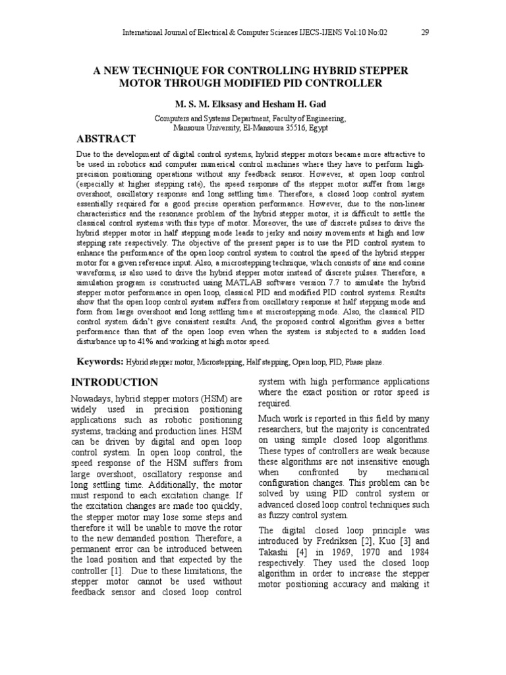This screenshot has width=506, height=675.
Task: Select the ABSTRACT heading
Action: coord(107,138)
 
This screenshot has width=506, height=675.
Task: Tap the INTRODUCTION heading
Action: coord(114,382)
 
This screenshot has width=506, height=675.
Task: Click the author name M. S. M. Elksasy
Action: coord(206,105)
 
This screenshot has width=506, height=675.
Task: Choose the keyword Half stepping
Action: coord(267,363)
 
